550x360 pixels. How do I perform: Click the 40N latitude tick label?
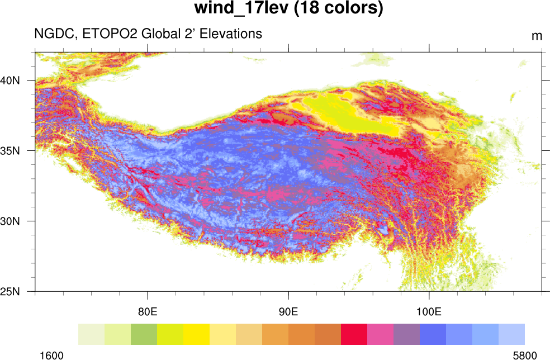(x=10, y=80)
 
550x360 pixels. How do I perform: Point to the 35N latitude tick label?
(x=10, y=150)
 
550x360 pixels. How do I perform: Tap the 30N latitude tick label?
(x=10, y=221)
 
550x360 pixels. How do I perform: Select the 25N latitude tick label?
(x=10, y=291)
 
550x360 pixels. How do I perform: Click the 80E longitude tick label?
(x=148, y=311)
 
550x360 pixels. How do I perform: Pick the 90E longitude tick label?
(x=288, y=311)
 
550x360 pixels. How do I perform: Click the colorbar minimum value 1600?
(x=51, y=355)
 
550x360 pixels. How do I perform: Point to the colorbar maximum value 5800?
(x=524, y=355)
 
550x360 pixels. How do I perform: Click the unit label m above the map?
(x=537, y=36)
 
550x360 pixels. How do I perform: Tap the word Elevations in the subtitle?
(x=229, y=34)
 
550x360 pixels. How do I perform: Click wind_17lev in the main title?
(x=240, y=9)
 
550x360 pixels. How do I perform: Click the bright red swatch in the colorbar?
(x=354, y=334)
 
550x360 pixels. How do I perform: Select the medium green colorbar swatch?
(x=144, y=334)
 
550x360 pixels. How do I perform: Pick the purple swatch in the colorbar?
(x=406, y=334)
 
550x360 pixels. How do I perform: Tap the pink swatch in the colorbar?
(x=380, y=334)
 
